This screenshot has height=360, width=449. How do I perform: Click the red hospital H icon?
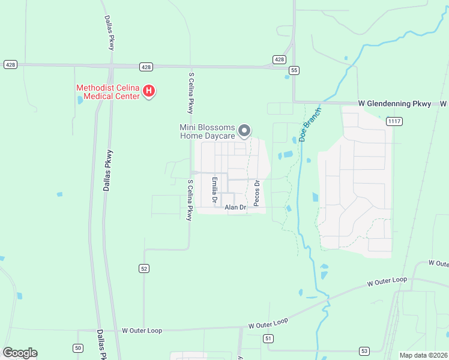click(149, 92)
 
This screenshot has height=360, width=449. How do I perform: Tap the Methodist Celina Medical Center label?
click(108, 92)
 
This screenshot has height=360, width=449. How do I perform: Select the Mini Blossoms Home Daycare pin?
click(244, 130)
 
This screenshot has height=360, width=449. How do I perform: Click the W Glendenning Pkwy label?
click(394, 104)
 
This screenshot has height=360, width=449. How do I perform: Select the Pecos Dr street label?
click(256, 193)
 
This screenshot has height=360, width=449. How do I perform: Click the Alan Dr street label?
click(236, 208)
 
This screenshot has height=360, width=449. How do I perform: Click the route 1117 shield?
click(394, 122)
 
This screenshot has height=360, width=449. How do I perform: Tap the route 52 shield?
click(144, 269)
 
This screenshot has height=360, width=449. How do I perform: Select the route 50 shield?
click(78, 348)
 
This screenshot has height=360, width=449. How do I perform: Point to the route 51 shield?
click(268, 339)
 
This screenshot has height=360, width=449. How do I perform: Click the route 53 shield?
click(364, 350)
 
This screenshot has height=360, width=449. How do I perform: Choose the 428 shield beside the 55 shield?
click(279, 59)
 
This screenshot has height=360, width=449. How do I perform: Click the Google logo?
click(20, 353)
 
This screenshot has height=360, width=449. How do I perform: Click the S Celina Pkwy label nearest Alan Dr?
click(191, 200)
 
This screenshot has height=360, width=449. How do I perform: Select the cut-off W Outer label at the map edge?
click(438, 264)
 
